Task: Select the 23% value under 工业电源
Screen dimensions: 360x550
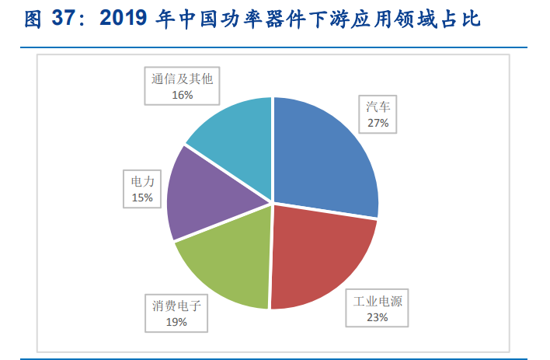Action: pos(378,316)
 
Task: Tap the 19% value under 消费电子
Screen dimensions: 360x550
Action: pos(176,321)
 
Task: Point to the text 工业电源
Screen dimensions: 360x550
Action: pos(378,302)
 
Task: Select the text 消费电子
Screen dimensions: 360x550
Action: pos(176,306)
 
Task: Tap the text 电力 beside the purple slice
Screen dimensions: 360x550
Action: pos(142,183)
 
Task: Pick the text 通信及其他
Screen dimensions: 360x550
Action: pos(183,80)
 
